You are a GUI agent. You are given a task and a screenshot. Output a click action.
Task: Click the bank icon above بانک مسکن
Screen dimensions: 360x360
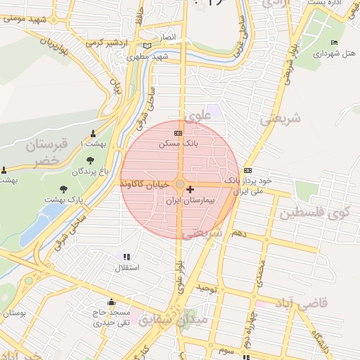pos(178,132)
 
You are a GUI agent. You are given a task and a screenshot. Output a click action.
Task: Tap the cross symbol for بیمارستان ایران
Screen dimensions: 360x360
pos(191,190)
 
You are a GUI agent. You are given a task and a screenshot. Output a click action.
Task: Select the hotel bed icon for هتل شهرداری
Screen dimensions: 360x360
pos(334,43)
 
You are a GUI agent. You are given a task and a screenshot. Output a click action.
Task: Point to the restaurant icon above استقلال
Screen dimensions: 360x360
pos(127,257)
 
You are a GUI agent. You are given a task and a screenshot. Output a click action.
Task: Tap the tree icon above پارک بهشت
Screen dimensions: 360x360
pos(64,189)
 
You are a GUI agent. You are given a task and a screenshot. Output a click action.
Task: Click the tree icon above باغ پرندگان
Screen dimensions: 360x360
pos(90,160)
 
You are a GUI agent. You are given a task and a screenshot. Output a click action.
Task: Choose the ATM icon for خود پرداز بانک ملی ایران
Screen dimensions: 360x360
pos(247,170)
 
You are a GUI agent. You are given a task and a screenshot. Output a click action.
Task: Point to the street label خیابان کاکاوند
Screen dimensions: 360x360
pos(144,184)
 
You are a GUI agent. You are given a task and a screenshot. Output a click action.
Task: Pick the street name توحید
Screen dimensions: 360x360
pos(209,288)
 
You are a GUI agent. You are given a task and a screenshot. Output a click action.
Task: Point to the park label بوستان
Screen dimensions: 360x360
pos(13,312)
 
